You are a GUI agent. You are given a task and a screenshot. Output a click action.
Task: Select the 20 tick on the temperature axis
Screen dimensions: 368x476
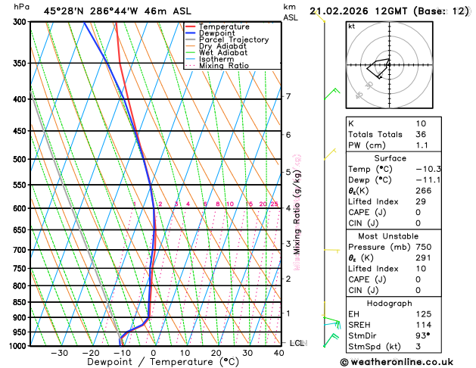216,353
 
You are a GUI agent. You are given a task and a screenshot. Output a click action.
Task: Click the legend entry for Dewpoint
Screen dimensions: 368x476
216,33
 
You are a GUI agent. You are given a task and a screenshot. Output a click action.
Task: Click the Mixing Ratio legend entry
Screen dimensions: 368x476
224,66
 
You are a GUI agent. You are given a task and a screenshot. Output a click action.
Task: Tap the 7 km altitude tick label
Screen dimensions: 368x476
288,96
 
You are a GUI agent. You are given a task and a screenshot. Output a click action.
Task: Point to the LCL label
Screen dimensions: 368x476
297,343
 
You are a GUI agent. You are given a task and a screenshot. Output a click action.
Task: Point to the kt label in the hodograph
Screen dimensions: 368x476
352,27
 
